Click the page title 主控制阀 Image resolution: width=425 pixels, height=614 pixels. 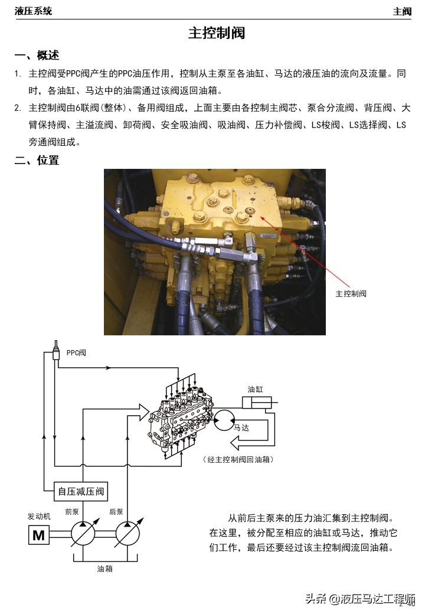216,32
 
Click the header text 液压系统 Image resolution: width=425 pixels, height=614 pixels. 33,11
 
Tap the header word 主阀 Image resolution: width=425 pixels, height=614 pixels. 403,11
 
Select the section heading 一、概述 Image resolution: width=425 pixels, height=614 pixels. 37,56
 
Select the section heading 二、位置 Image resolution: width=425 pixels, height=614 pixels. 37,160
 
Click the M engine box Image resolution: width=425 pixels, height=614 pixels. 38,535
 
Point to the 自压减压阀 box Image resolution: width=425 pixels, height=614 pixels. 83,491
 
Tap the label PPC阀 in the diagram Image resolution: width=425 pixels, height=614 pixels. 76,352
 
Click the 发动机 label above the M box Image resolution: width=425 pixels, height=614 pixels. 39,515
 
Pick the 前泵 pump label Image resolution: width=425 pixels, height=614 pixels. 72,512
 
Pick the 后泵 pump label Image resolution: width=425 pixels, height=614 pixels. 116,512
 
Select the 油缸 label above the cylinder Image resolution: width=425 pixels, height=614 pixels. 256,390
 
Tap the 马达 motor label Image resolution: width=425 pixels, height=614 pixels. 241,427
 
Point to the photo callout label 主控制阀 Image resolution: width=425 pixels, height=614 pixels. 351,293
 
